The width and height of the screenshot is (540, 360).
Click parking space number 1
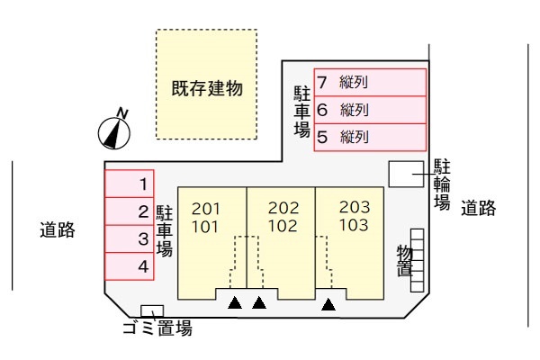pyautogui.click(x=130, y=184)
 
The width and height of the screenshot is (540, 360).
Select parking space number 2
pyautogui.click(x=130, y=212)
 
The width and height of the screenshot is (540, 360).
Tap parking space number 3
pyautogui.click(x=130, y=239)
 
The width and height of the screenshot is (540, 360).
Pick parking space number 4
pyautogui.click(x=130, y=266)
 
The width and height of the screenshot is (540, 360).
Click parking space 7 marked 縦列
pyautogui.click(x=369, y=83)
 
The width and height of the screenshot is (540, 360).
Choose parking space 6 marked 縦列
pyautogui.click(x=369, y=111)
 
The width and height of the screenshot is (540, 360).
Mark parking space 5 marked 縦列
pyautogui.click(x=369, y=138)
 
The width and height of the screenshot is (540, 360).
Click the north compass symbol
pyautogui.click(x=114, y=130)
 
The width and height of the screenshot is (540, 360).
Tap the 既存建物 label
pyautogui.click(x=208, y=89)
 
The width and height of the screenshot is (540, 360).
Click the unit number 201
pyautogui.click(x=206, y=209)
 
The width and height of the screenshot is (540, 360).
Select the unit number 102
pyautogui.click(x=283, y=226)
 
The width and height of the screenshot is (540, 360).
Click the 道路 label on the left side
pyautogui.click(x=57, y=229)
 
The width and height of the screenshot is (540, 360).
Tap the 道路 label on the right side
pyautogui.click(x=479, y=208)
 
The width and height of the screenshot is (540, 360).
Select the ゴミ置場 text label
pyautogui.click(x=157, y=328)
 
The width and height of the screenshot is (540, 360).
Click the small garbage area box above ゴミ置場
pyautogui.click(x=153, y=311)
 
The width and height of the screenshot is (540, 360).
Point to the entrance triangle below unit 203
pyautogui.click(x=329, y=304)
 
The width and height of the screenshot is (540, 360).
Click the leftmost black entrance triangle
pyautogui.click(x=235, y=304)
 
